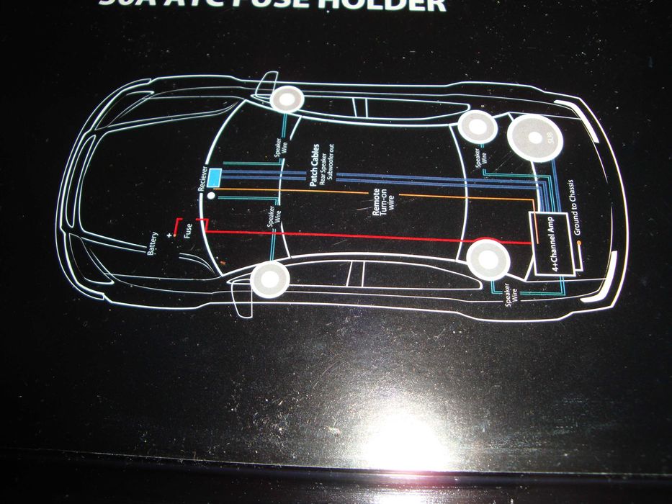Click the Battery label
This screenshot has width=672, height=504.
(x=153, y=243)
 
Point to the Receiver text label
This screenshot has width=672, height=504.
(x=203, y=177)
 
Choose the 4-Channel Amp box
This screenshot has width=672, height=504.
(x=555, y=245)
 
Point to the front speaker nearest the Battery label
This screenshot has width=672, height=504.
(x=272, y=279)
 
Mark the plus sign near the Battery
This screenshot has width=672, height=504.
(x=171, y=235)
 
